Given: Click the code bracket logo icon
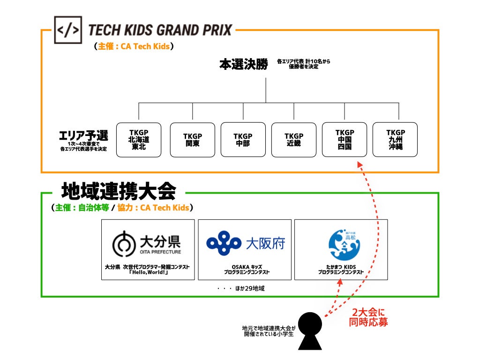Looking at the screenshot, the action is [x=68, y=30].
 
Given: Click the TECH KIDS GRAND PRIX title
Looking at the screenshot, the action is [x=160, y=30].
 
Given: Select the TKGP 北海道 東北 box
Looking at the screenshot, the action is [x=138, y=140].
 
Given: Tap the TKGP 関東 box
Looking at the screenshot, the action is [x=192, y=140].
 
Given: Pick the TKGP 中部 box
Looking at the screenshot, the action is [x=243, y=140].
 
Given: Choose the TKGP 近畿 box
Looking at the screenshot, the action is [x=294, y=140].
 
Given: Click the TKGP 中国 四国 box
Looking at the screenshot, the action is [x=345, y=140].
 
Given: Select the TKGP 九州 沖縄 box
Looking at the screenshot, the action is [x=395, y=140].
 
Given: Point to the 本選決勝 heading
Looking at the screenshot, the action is [x=244, y=64].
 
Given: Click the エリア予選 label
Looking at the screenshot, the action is [x=83, y=136].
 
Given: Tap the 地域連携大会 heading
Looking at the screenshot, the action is [x=119, y=191].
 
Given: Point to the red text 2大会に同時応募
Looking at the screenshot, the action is [x=369, y=317].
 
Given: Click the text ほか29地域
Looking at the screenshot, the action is [x=249, y=288].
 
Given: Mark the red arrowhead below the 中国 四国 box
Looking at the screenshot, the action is [x=359, y=165].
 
